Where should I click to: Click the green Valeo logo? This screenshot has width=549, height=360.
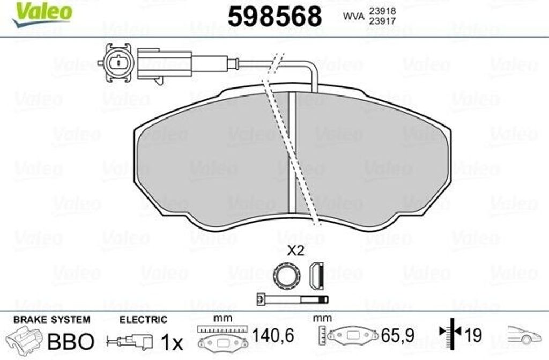pos(42,13)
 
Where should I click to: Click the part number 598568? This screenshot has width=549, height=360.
pos(274,17)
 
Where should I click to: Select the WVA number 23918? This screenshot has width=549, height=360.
pos(382,11)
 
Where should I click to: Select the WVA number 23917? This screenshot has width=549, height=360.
pos(382,21)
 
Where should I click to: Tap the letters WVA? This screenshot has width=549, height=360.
pos(354,16)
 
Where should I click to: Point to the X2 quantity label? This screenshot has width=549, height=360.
pos(295,251)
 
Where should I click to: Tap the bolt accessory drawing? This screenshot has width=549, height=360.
pos(292,300)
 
